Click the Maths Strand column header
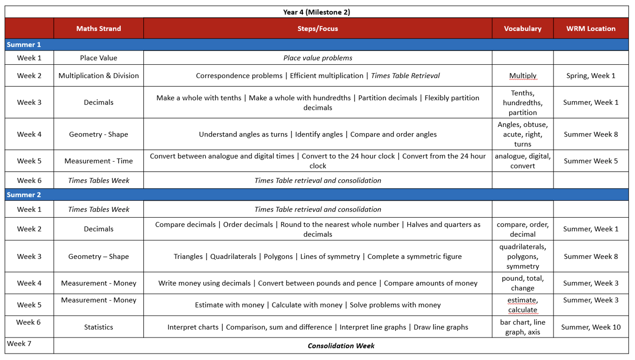(99, 28)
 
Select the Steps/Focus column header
(317, 28)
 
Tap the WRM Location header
(591, 28)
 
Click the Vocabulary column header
(523, 28)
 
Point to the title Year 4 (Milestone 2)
(316, 12)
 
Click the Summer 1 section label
(24, 45)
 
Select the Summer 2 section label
(24, 195)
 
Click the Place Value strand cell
(99, 58)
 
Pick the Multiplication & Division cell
(99, 76)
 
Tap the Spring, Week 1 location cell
(591, 76)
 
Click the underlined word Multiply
(523, 76)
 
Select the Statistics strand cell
(99, 327)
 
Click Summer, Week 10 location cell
(591, 327)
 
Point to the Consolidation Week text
(341, 346)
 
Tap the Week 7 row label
(19, 344)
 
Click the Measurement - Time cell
(99, 161)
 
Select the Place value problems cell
(317, 58)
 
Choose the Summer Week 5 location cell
(591, 161)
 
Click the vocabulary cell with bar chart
(523, 327)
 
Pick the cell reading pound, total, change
(523, 283)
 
